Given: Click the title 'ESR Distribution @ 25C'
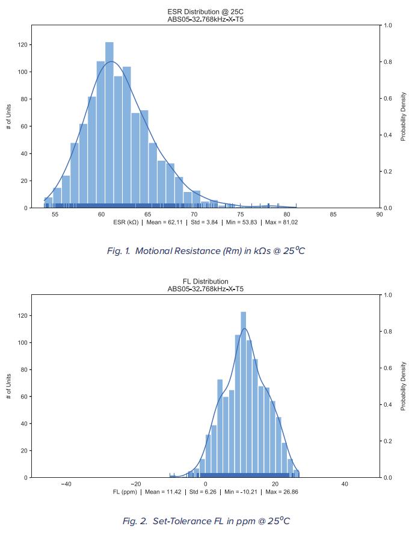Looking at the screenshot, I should (206, 12).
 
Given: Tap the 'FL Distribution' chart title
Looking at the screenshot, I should (206, 282).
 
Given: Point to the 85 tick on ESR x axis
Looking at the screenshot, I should (333, 214).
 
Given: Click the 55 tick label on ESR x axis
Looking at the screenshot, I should (55, 214).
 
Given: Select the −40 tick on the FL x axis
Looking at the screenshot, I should (66, 484).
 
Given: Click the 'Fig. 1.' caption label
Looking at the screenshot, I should (119, 251).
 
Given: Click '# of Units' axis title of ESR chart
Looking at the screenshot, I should (8, 116).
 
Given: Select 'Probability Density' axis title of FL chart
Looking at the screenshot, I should (404, 386).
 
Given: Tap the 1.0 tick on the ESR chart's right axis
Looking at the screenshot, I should (388, 26).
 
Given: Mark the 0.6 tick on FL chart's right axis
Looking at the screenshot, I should (388, 368).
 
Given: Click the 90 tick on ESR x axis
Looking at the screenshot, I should (380, 214).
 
